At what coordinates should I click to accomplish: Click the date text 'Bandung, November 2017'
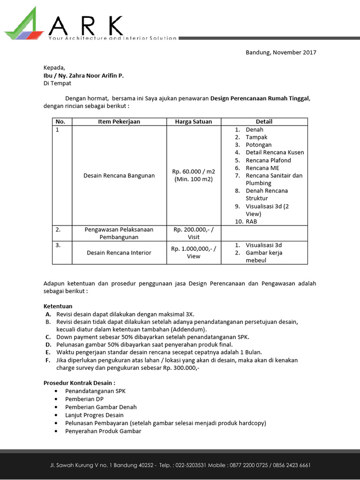coord(281,52)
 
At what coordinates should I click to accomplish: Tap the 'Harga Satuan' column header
coord(194,121)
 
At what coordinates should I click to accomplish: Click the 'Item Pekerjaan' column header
coord(119,121)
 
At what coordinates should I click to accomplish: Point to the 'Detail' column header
coord(264,121)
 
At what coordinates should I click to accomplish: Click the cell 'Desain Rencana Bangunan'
coord(119,175)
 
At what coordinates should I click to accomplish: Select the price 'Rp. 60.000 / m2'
coord(194,172)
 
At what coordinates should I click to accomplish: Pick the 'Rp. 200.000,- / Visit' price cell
coord(194,233)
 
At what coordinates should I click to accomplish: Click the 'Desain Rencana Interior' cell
coord(119,253)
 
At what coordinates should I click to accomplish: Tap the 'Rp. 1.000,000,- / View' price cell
coord(194,252)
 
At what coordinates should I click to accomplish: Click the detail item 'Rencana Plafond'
coord(268,160)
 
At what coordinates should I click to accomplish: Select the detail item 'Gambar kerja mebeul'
coord(264,256)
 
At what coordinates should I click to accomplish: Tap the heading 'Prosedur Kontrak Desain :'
coord(79,382)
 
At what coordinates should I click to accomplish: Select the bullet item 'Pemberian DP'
coord(84,399)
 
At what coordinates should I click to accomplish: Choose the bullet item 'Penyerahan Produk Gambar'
coord(103,431)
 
